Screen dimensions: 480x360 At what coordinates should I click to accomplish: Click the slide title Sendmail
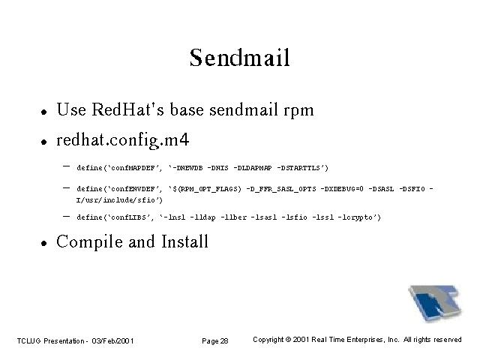tap(240, 58)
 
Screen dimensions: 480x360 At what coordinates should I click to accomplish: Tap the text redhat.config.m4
tap(123, 140)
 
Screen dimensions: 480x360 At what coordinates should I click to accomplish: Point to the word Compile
tap(90, 242)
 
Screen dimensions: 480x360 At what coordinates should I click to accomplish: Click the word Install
tap(184, 241)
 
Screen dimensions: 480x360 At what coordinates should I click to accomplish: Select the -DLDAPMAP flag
tap(253, 168)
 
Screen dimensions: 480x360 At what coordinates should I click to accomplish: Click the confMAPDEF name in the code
tap(133, 168)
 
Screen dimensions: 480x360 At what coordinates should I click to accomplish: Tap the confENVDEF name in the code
tap(133, 189)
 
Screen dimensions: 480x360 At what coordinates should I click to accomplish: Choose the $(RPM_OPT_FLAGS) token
tap(207, 189)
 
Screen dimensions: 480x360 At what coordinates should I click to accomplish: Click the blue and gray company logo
tap(435, 303)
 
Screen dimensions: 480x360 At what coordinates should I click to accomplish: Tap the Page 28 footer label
tap(215, 340)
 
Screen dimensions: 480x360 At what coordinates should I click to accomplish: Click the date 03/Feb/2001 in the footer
tap(112, 340)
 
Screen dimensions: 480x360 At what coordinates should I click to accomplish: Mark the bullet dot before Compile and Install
tap(44, 243)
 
